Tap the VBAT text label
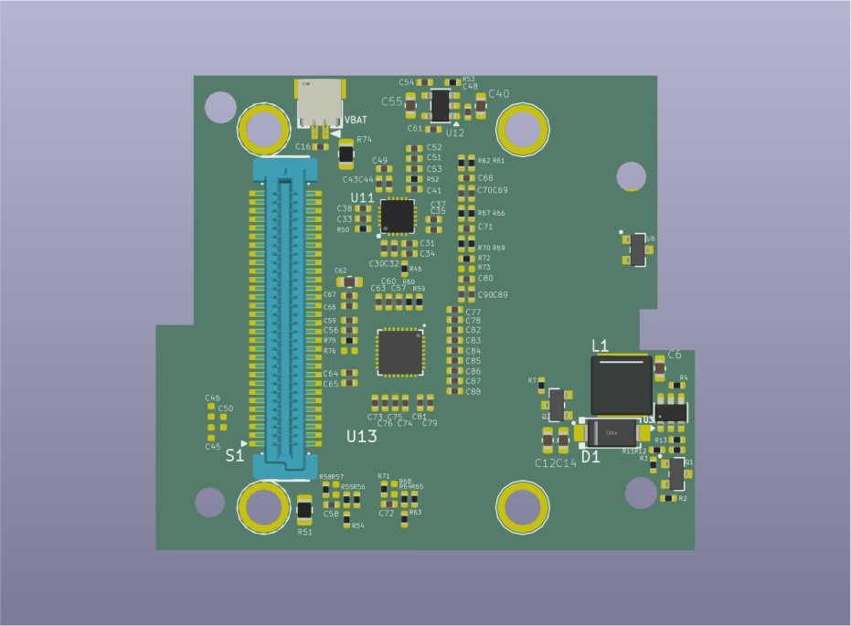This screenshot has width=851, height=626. [x=356, y=121]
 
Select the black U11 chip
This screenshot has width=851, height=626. [x=398, y=216]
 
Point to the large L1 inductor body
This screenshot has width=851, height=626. [x=622, y=385]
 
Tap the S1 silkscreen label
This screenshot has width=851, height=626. [x=234, y=454]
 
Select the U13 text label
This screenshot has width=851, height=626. [x=362, y=437]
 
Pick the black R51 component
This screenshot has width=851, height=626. [x=305, y=509]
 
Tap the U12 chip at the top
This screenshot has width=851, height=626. [x=441, y=105]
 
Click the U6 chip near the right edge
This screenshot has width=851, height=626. [x=638, y=249]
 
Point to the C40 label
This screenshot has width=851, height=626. [x=499, y=93]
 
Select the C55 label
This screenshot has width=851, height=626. [x=392, y=101]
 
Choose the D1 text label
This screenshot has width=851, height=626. [x=591, y=457]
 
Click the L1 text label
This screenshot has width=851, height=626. [x=601, y=345]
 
